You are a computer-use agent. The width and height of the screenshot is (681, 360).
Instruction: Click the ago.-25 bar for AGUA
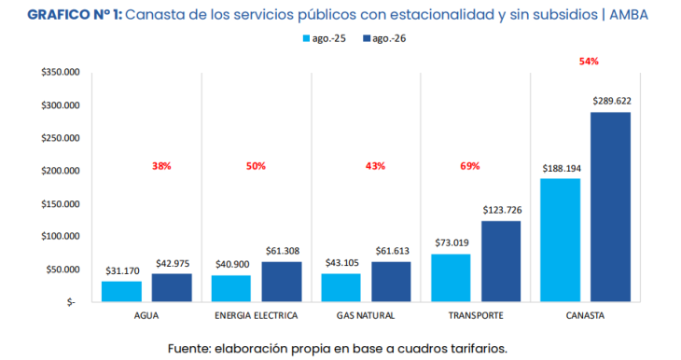pos(121,291)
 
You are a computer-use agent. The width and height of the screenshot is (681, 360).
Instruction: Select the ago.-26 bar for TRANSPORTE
pos(501,261)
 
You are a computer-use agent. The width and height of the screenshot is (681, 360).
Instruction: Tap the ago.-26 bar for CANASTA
pos(611,207)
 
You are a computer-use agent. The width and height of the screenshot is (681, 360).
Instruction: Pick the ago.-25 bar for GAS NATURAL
pos(340,287)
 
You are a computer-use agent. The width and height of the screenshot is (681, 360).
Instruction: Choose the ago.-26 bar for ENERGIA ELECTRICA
pos(282,282)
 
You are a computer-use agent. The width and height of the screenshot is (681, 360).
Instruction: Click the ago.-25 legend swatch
pos(306,38)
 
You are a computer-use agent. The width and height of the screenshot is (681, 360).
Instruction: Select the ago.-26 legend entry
pos(384,38)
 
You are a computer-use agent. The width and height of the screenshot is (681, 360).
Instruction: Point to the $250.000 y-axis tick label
pos(61,138)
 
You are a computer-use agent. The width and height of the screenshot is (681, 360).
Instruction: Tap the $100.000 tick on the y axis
pos(61,236)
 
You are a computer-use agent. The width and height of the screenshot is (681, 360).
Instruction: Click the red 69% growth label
pos(470,166)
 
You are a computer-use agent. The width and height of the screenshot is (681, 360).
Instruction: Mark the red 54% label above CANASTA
pos(589,62)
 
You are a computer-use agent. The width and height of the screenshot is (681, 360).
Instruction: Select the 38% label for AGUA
pos(161,166)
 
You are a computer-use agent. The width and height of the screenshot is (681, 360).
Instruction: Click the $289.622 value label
pos(612,101)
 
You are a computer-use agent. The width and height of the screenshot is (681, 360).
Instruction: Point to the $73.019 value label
pos(452,242)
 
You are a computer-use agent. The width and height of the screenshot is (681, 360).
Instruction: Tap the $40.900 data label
pos(232,265)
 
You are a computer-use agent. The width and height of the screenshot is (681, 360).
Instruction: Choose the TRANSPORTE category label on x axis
pos(476,316)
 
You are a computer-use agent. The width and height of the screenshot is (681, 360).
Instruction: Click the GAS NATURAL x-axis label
pos(366,316)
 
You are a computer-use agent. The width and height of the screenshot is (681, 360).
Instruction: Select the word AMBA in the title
pos(629,15)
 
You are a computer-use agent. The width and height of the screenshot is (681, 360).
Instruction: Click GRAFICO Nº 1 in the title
pos(76,15)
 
